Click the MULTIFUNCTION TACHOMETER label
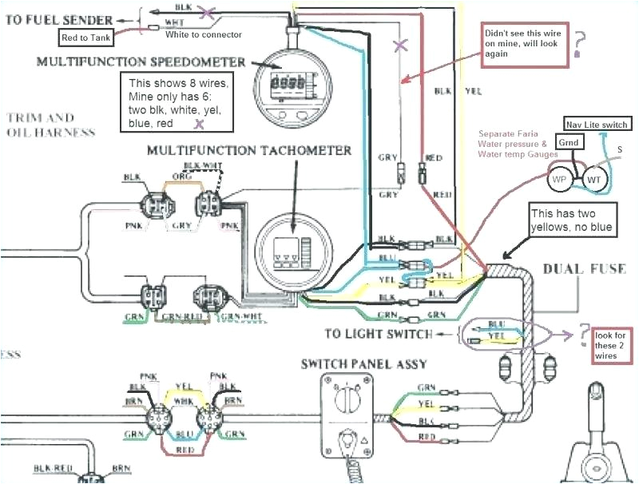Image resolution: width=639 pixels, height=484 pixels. click(x=248, y=150)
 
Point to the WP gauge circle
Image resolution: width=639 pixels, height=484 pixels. click(x=561, y=180)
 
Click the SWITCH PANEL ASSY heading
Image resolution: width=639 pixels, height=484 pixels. click(x=363, y=364)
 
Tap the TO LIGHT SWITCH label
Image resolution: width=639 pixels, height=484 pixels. click(x=379, y=333)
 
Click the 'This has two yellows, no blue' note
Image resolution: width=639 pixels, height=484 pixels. click(x=573, y=221)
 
